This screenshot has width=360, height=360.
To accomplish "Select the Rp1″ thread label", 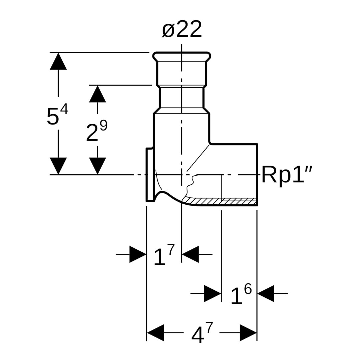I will pyautogui.click(x=287, y=175).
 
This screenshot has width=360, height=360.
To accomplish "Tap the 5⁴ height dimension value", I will pyautogui.click(x=57, y=115).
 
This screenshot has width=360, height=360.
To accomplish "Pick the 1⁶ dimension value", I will pyautogui.click(x=241, y=295).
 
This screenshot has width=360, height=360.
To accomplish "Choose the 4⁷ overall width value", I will pyautogui.click(x=202, y=334).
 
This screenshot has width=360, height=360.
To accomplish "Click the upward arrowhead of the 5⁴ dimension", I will pyautogui.click(x=58, y=61).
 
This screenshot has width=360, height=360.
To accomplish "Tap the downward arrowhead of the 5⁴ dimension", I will pyautogui.click(x=58, y=166).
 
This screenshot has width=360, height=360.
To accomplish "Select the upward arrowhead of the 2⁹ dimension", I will pyautogui.click(x=97, y=94).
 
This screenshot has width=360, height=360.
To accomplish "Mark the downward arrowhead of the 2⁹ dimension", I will pyautogui.click(x=97, y=166).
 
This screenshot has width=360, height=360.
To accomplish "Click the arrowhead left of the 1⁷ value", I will pyautogui.click(x=138, y=254).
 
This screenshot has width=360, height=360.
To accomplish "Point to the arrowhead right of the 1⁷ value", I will pyautogui.click(x=190, y=254).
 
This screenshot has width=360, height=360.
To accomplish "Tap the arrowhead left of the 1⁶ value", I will pyautogui.click(x=212, y=294).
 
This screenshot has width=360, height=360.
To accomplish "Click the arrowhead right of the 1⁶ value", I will pyautogui.click(x=266, y=294).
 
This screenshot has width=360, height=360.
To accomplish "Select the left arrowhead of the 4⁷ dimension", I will pyautogui.click(x=155, y=333).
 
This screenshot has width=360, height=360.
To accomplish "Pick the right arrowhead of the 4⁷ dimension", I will pyautogui.click(x=248, y=333).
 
